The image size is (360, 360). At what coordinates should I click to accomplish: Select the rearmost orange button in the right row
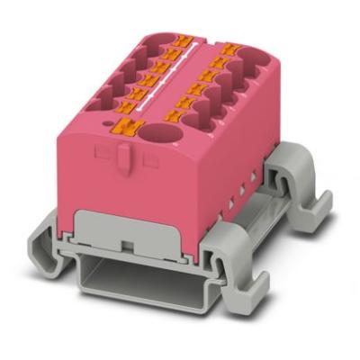pos(231,48)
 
